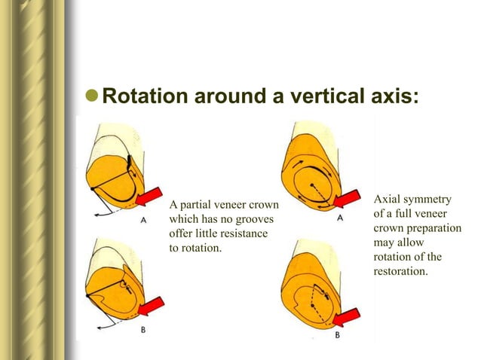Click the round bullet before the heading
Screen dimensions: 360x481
(x=91, y=98)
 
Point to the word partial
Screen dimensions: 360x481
(x=198, y=205)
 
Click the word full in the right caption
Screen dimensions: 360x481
(x=403, y=214)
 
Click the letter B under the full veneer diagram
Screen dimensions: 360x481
(x=337, y=335)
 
